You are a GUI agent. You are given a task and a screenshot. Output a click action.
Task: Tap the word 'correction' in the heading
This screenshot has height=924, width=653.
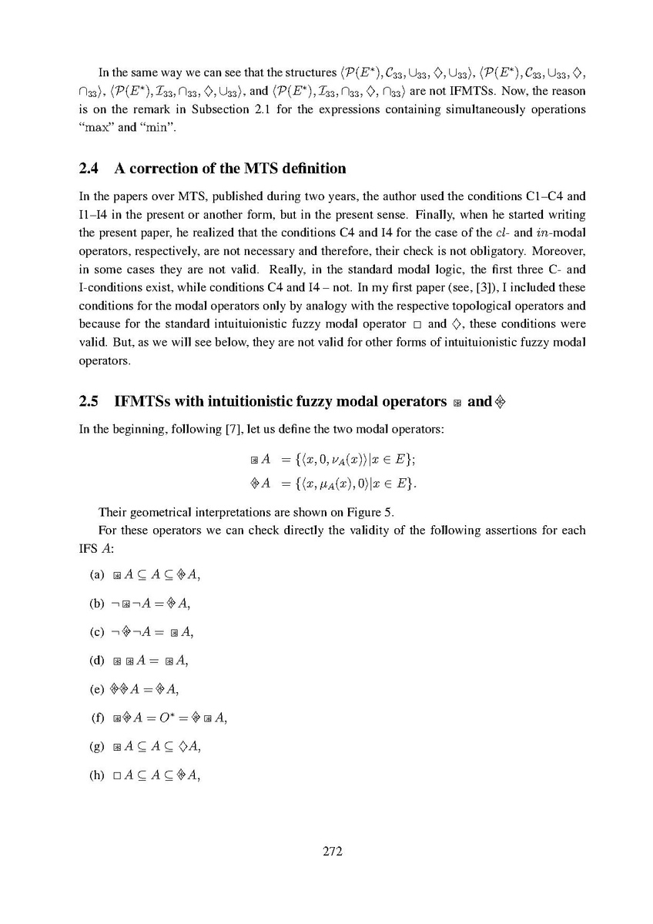tap(166, 168)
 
